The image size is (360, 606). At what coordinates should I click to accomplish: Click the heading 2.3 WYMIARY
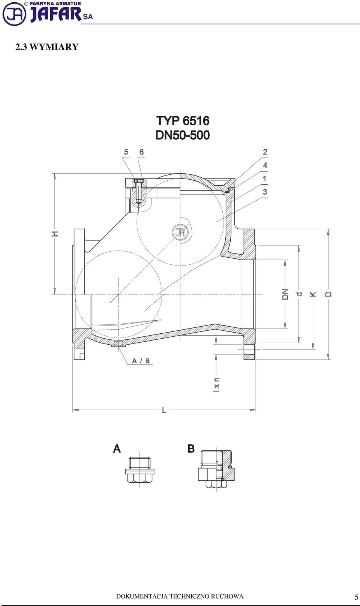47,47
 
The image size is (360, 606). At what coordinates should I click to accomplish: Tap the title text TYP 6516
183,121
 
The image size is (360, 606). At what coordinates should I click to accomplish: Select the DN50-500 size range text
183,135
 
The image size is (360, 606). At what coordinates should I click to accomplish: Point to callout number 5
126,152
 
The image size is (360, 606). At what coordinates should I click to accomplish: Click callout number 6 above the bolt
141,152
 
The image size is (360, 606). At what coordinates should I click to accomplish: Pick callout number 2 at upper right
265,152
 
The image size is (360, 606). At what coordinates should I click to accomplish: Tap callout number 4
265,165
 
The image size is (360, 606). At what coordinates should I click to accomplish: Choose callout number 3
265,192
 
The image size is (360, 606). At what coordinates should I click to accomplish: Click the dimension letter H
55,234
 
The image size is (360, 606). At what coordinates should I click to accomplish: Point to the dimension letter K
313,294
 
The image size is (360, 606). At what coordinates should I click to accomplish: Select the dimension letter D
328,294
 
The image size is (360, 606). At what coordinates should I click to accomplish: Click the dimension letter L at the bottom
164,410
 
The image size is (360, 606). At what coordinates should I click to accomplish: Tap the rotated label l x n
216,384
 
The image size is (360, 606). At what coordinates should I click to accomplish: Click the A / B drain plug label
141,361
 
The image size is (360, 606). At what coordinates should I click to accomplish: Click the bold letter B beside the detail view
191,448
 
